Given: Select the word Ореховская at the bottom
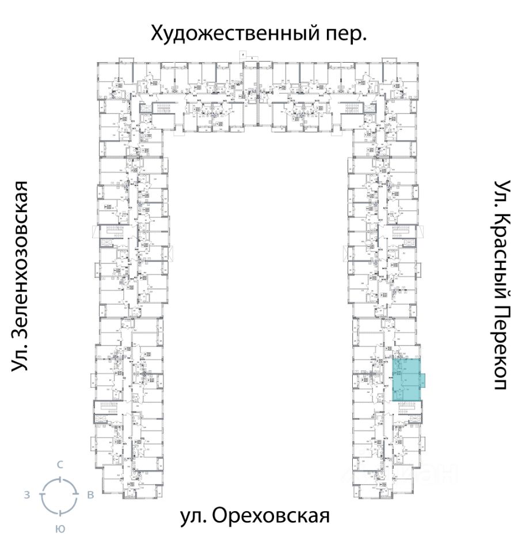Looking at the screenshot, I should (x=271, y=516).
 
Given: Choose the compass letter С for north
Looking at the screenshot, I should (x=59, y=465).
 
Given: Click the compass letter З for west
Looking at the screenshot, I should (x=27, y=495).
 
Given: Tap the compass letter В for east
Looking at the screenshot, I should (x=90, y=495).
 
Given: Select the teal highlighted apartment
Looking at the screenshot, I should (x=405, y=379).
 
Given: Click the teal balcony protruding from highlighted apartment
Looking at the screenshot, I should (x=422, y=379).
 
